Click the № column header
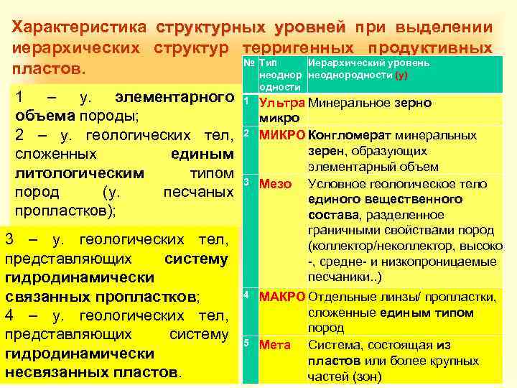[x=249, y=63]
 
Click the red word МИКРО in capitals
[x=281, y=134]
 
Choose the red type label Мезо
[x=275, y=183]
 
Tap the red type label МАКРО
[x=282, y=296]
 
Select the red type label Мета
[x=275, y=345]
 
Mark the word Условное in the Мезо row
[x=336, y=183]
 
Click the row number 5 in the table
[x=246, y=341]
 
